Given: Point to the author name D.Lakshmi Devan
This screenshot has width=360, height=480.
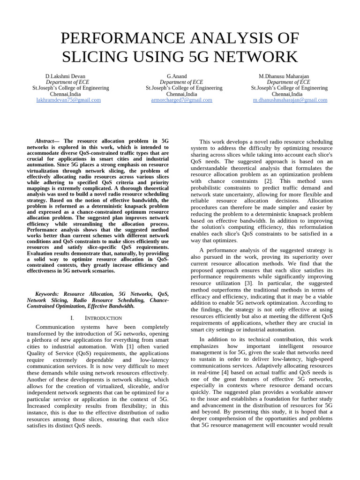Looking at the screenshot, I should (x=65, y=76).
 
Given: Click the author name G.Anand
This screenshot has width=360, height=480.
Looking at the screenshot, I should (x=177, y=76).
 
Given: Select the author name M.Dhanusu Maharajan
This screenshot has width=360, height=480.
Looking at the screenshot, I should (x=284, y=76).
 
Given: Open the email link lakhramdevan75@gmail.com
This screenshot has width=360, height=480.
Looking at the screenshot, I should (x=68, y=100).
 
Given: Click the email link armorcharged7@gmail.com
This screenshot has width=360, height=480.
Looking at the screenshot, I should (x=181, y=100).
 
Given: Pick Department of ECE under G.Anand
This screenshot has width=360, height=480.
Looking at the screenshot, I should (x=181, y=82).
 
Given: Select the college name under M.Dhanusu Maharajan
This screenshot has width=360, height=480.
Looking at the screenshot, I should (x=289, y=88).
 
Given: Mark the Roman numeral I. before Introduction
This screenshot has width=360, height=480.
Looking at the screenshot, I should (x=72, y=318).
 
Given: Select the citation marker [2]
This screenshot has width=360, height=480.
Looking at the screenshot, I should (x=268, y=181).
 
